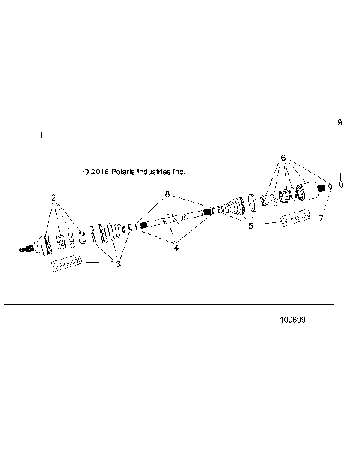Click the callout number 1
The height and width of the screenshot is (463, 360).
(x=41, y=135)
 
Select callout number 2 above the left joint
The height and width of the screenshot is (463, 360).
(x=54, y=197)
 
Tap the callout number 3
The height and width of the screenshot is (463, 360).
(x=118, y=263)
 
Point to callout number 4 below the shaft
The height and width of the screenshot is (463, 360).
(x=175, y=248)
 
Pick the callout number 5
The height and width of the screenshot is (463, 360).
(x=250, y=224)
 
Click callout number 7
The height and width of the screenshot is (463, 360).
(x=320, y=218)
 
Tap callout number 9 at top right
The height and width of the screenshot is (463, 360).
(x=340, y=122)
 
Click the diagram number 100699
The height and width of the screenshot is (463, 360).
(x=292, y=320)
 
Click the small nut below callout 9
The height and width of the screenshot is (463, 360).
(x=340, y=185)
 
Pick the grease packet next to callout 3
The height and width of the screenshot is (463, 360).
(x=64, y=263)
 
